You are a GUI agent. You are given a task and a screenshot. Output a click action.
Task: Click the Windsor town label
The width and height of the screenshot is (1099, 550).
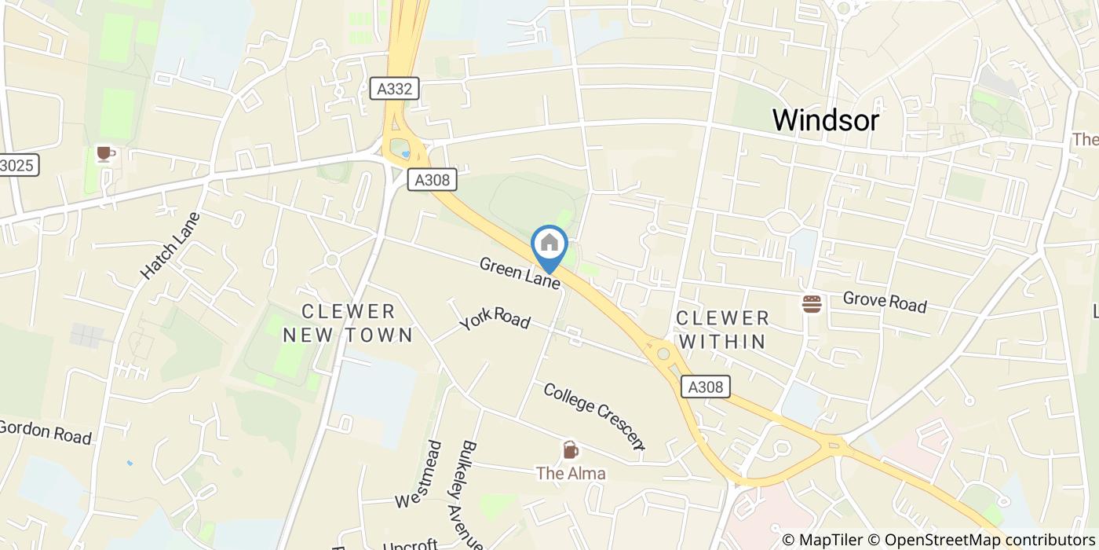(x=825, y=120)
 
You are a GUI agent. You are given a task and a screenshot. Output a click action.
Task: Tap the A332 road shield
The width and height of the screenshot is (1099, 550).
(x=394, y=89)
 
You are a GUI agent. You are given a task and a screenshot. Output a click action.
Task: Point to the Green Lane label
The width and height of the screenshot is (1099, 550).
(x=520, y=273)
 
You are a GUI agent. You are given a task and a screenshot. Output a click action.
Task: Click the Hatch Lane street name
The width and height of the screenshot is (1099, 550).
(x=170, y=246)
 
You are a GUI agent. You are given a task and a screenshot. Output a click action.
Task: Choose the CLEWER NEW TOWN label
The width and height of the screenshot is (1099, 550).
(x=348, y=324)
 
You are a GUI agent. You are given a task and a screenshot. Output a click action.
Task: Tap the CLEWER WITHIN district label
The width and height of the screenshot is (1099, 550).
(x=722, y=330)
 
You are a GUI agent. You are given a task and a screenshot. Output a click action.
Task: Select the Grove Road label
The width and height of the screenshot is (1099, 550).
(x=885, y=302)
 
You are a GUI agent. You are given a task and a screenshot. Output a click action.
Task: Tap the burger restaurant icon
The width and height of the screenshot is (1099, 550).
(x=811, y=303)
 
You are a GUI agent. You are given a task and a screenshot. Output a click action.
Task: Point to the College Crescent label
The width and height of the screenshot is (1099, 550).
(x=594, y=416)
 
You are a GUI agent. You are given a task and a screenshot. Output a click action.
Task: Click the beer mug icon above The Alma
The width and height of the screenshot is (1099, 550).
(x=571, y=450)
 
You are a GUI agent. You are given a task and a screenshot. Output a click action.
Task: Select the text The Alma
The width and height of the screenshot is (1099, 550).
(x=571, y=474)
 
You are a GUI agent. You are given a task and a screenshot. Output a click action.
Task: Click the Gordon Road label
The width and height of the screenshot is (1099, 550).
(x=45, y=432)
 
